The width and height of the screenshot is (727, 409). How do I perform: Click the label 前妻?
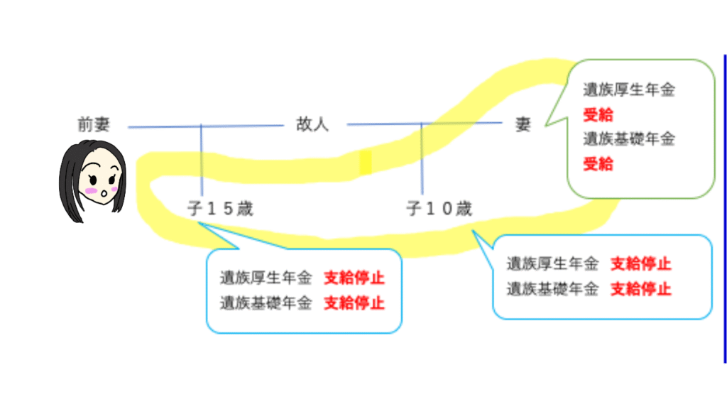click(x=93, y=125)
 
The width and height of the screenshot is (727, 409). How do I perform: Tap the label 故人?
click(x=312, y=125)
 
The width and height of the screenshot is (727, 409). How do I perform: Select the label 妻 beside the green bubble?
click(x=523, y=125)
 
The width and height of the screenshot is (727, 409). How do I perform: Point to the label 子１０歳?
click(x=439, y=209)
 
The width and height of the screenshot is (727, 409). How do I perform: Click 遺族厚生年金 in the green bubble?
click(x=628, y=91)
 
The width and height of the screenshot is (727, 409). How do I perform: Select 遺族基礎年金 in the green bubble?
click(x=628, y=138)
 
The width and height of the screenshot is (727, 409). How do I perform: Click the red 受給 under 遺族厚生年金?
click(x=598, y=114)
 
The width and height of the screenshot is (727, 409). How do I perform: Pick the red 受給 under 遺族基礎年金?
click(x=598, y=164)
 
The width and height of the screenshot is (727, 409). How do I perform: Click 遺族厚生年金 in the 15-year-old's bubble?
click(x=266, y=278)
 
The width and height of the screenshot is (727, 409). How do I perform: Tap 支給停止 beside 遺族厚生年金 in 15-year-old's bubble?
click(x=354, y=278)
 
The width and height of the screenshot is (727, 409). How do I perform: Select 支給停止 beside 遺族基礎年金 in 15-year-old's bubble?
click(x=354, y=303)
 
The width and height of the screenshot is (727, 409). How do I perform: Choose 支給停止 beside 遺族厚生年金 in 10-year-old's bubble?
click(x=641, y=264)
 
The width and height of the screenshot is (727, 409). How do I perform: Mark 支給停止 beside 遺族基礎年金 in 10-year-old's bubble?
click(x=641, y=289)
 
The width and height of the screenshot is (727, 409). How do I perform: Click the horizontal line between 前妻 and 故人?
click(x=206, y=126)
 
